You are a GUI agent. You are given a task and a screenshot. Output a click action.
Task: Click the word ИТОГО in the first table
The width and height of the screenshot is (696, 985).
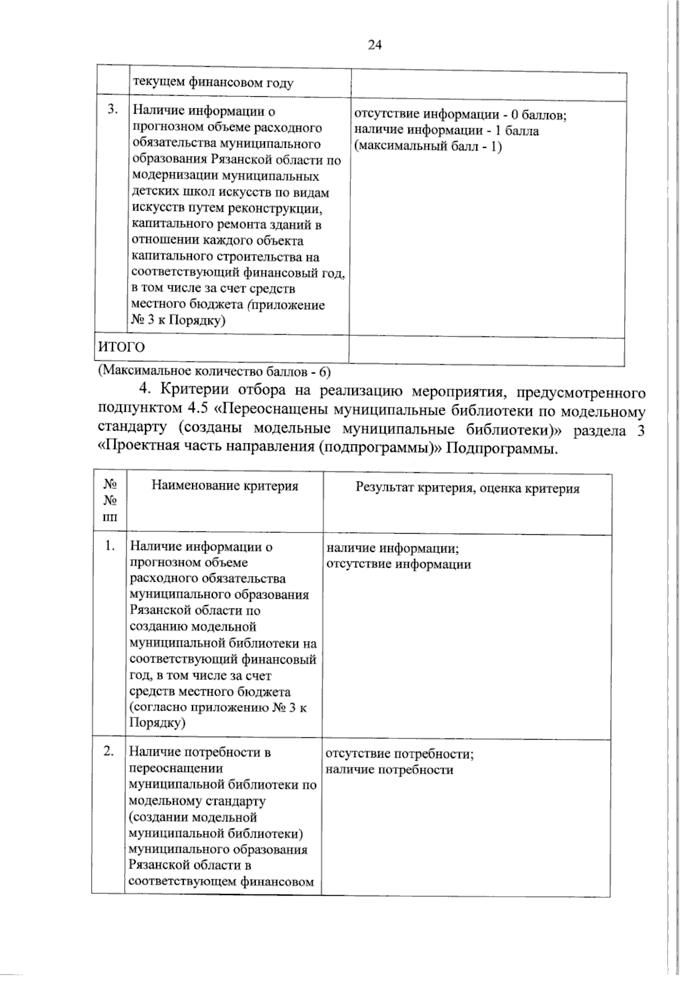coord(121,347)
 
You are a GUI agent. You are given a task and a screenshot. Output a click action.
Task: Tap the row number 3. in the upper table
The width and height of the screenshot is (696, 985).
coord(113,109)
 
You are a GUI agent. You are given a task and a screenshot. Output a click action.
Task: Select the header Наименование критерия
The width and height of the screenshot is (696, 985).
coord(225,486)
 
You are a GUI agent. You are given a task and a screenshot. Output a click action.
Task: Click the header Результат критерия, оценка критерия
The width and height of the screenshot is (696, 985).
coord(467,488)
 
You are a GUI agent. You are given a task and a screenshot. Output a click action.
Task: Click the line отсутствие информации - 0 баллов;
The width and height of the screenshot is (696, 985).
coord(460,114)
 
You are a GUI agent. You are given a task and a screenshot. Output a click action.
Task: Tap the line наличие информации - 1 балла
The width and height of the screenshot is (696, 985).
coord(446,131)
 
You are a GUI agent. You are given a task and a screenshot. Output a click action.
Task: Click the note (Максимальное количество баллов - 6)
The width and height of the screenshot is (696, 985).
coord(213,370)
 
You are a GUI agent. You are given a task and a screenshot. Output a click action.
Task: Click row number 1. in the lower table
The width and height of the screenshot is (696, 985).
coord(111,546)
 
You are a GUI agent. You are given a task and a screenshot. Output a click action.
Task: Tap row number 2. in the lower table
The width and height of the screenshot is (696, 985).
coord(109,751)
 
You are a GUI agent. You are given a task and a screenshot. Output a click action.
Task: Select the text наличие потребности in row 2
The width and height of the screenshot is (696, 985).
coord(389,770)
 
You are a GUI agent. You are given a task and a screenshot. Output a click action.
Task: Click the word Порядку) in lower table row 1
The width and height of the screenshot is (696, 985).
coord(157,723)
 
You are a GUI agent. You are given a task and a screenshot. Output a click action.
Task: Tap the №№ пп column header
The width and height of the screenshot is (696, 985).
coord(109,499)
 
